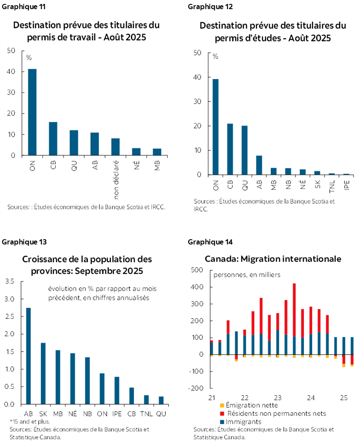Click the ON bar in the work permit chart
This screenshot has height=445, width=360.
[32, 112]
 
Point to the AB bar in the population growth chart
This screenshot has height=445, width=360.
[28, 356]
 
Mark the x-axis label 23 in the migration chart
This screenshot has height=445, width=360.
[277, 398]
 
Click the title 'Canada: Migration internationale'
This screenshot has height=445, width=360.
[273, 259]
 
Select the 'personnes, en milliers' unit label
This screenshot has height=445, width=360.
[247, 274]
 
